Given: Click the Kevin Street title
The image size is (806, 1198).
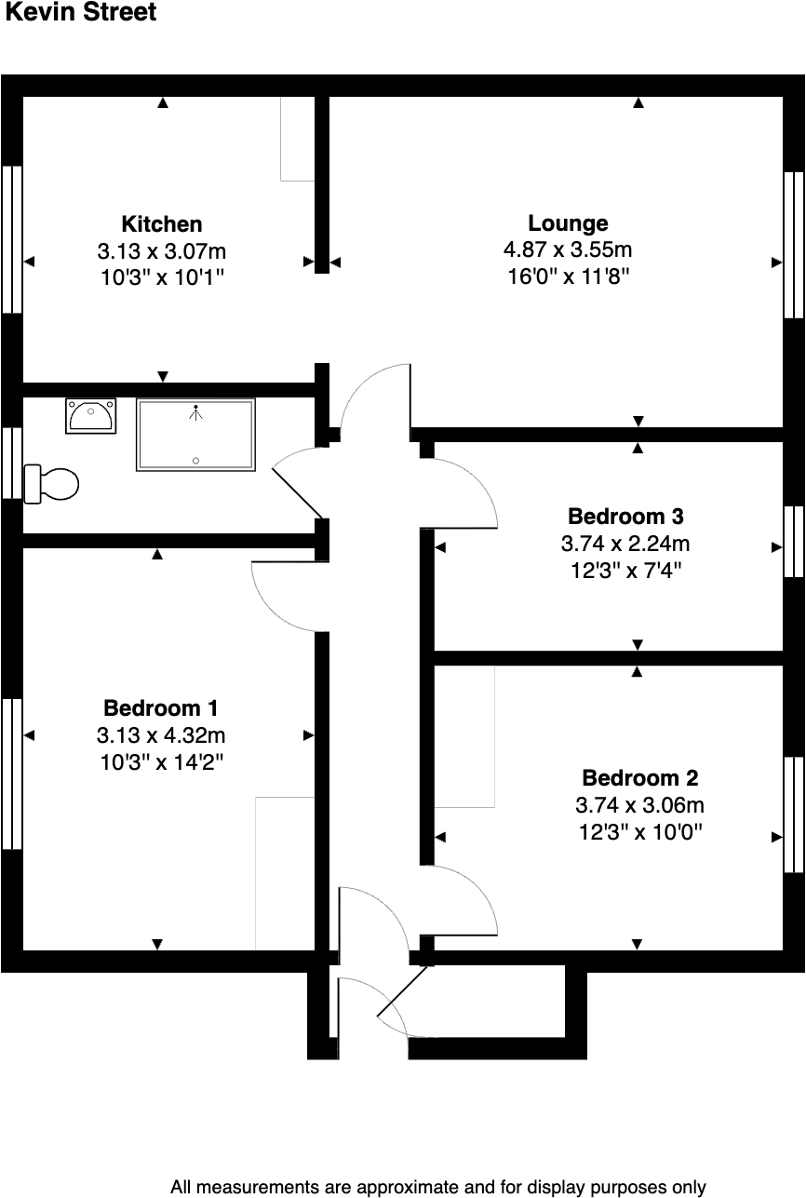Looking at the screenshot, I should (81, 13).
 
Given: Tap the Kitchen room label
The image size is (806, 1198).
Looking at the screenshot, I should (162, 224).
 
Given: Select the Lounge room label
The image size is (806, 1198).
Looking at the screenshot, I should (568, 223).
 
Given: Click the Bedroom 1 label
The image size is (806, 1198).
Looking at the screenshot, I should (161, 708).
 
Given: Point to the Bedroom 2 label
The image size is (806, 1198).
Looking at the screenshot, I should (639, 778).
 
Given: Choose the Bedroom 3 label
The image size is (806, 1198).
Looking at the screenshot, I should (626, 516).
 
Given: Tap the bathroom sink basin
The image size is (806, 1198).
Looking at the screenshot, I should (91, 415).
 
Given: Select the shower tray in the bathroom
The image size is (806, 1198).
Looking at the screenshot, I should (195, 435).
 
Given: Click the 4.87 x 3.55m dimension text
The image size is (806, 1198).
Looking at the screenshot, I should (568, 249).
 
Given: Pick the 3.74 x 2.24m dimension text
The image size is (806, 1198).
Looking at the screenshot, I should (626, 544).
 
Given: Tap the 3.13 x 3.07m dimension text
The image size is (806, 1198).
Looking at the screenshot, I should (162, 251).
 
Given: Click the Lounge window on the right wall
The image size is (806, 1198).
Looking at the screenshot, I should (793, 245).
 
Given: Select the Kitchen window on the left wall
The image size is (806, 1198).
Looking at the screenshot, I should (11, 239).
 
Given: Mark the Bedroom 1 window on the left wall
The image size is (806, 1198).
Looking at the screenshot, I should (11, 773).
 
